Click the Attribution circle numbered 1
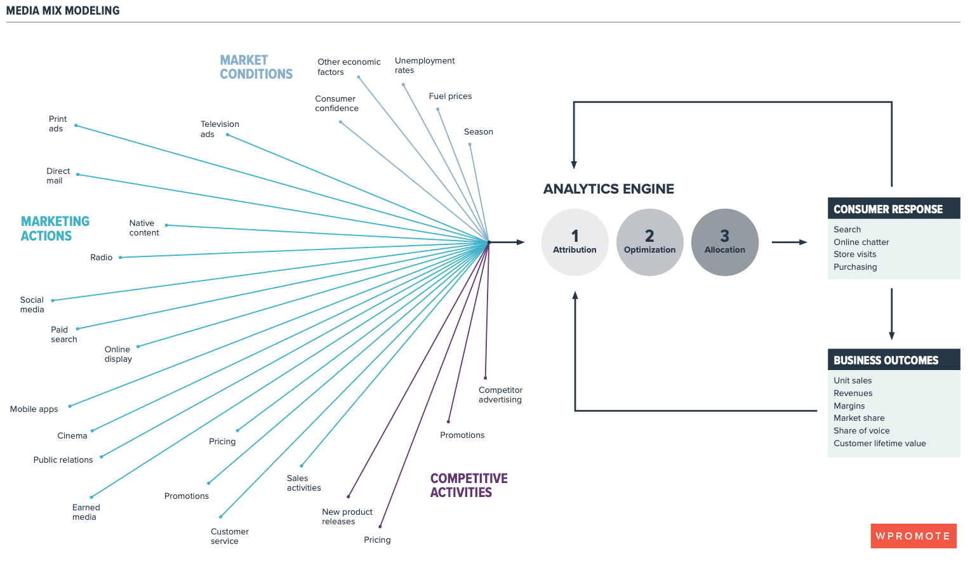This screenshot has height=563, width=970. pyautogui.click(x=575, y=242)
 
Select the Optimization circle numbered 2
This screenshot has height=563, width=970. pyautogui.click(x=649, y=242)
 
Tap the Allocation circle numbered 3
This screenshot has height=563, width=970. pyautogui.click(x=724, y=242)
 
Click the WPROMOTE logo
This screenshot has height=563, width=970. pyautogui.click(x=913, y=536)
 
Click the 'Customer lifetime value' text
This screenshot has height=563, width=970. pyautogui.click(x=879, y=444)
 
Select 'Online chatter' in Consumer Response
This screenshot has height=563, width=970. pyautogui.click(x=861, y=242)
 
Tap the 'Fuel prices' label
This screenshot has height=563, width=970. pyautogui.click(x=450, y=96)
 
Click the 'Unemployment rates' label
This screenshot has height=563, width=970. pyautogui.click(x=424, y=65)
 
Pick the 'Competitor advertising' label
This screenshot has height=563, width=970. pyautogui.click(x=500, y=395)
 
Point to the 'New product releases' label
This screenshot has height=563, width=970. pyautogui.click(x=347, y=517)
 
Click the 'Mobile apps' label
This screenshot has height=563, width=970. pyautogui.click(x=34, y=409)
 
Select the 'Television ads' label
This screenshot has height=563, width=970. pyautogui.click(x=220, y=129)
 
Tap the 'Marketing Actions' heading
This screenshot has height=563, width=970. pyautogui.click(x=55, y=229)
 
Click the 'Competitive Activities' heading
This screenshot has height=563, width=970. pyautogui.click(x=468, y=486)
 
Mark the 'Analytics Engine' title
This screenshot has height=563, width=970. pyautogui.click(x=608, y=189)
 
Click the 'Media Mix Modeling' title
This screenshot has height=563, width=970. pyautogui.click(x=63, y=11)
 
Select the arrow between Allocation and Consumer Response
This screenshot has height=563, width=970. pyautogui.click(x=789, y=242)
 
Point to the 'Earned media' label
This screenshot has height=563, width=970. pyautogui.click(x=86, y=512)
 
